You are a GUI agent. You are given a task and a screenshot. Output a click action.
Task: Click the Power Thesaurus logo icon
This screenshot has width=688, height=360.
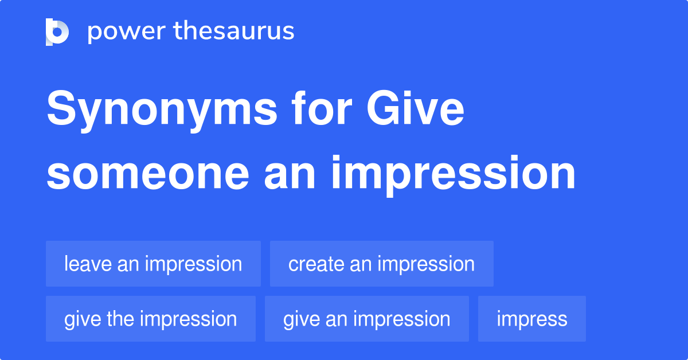tap(57, 32)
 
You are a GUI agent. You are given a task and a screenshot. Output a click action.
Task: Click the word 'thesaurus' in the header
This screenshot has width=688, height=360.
tap(234, 32)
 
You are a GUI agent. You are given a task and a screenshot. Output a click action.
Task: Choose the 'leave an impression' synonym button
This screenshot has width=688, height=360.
tap(153, 264)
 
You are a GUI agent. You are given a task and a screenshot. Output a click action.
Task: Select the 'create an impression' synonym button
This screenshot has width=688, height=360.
tap(381, 264)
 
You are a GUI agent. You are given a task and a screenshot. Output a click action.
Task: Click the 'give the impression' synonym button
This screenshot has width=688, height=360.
tap(151, 319)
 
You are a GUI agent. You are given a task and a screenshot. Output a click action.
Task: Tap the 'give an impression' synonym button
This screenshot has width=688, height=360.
tap(367, 319)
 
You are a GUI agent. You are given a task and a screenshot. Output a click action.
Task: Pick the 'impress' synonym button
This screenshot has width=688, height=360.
tap(532, 319)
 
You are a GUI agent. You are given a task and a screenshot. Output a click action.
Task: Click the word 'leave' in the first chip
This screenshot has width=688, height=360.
tap(88, 264)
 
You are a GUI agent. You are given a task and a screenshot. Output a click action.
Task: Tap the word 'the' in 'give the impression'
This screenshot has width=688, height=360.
tap(120, 319)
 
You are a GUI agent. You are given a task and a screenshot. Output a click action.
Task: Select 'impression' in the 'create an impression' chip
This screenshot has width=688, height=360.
tap(426, 264)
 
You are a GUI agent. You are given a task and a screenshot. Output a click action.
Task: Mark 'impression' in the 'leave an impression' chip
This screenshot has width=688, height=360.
tap(193, 264)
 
